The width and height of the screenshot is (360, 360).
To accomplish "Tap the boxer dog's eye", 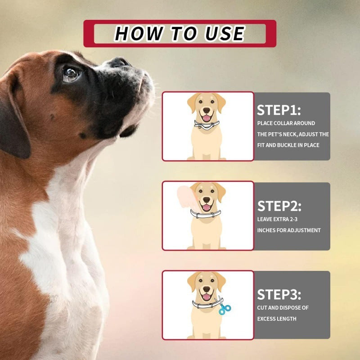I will click(x=70, y=73).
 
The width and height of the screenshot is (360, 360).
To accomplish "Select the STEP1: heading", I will click(x=279, y=110).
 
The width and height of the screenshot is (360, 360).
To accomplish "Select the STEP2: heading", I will click(x=279, y=206).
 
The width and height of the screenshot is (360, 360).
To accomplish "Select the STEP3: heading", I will click(x=279, y=295).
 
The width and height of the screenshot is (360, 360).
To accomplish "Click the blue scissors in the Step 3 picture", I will click(x=224, y=308).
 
